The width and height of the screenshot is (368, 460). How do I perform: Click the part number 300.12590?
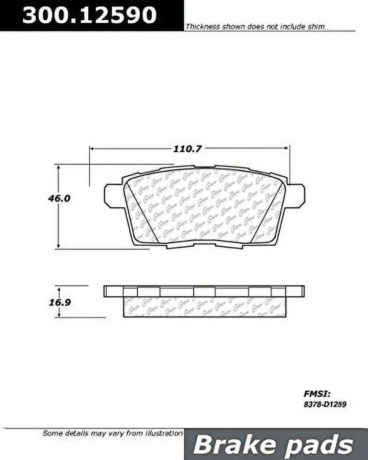pos(89,15)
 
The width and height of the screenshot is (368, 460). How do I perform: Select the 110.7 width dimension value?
pos(188,149)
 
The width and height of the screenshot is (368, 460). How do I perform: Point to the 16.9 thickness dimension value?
pos(59,304)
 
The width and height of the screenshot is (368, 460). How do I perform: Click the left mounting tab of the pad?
pos(113,195)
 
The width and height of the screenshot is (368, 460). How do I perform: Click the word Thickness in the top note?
pos(203,27)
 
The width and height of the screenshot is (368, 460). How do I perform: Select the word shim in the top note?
pos(316,27)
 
